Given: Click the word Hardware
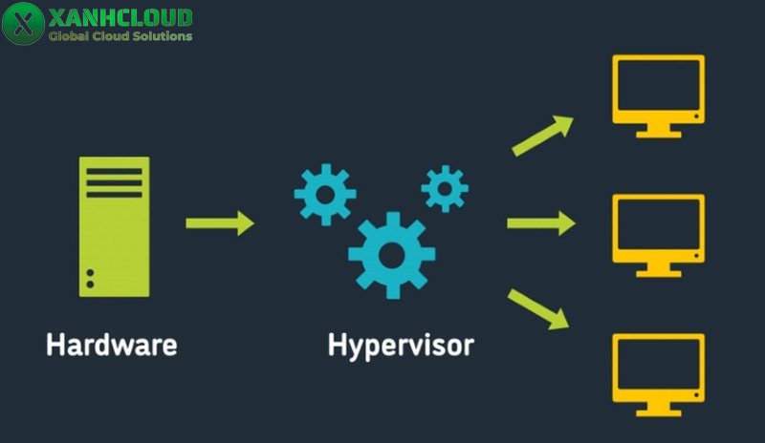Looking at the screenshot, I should [x=111, y=344].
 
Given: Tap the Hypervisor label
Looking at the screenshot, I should [x=400, y=345].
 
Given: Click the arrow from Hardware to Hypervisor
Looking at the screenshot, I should [x=220, y=223].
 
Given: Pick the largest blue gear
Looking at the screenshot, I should [x=391, y=254].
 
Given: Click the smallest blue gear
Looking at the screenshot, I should [x=445, y=188].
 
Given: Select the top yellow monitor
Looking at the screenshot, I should [x=657, y=91].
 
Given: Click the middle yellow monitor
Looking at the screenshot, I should [x=657, y=229].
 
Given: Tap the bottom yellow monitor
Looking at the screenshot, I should [x=657, y=368].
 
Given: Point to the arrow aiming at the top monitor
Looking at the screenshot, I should [x=542, y=136].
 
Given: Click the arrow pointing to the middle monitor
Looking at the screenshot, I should [x=540, y=223].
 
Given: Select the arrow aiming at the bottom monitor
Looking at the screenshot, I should [x=538, y=308].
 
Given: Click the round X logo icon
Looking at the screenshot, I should [x=24, y=24].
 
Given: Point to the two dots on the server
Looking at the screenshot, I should [x=91, y=278].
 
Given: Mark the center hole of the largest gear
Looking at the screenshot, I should [x=391, y=254].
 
